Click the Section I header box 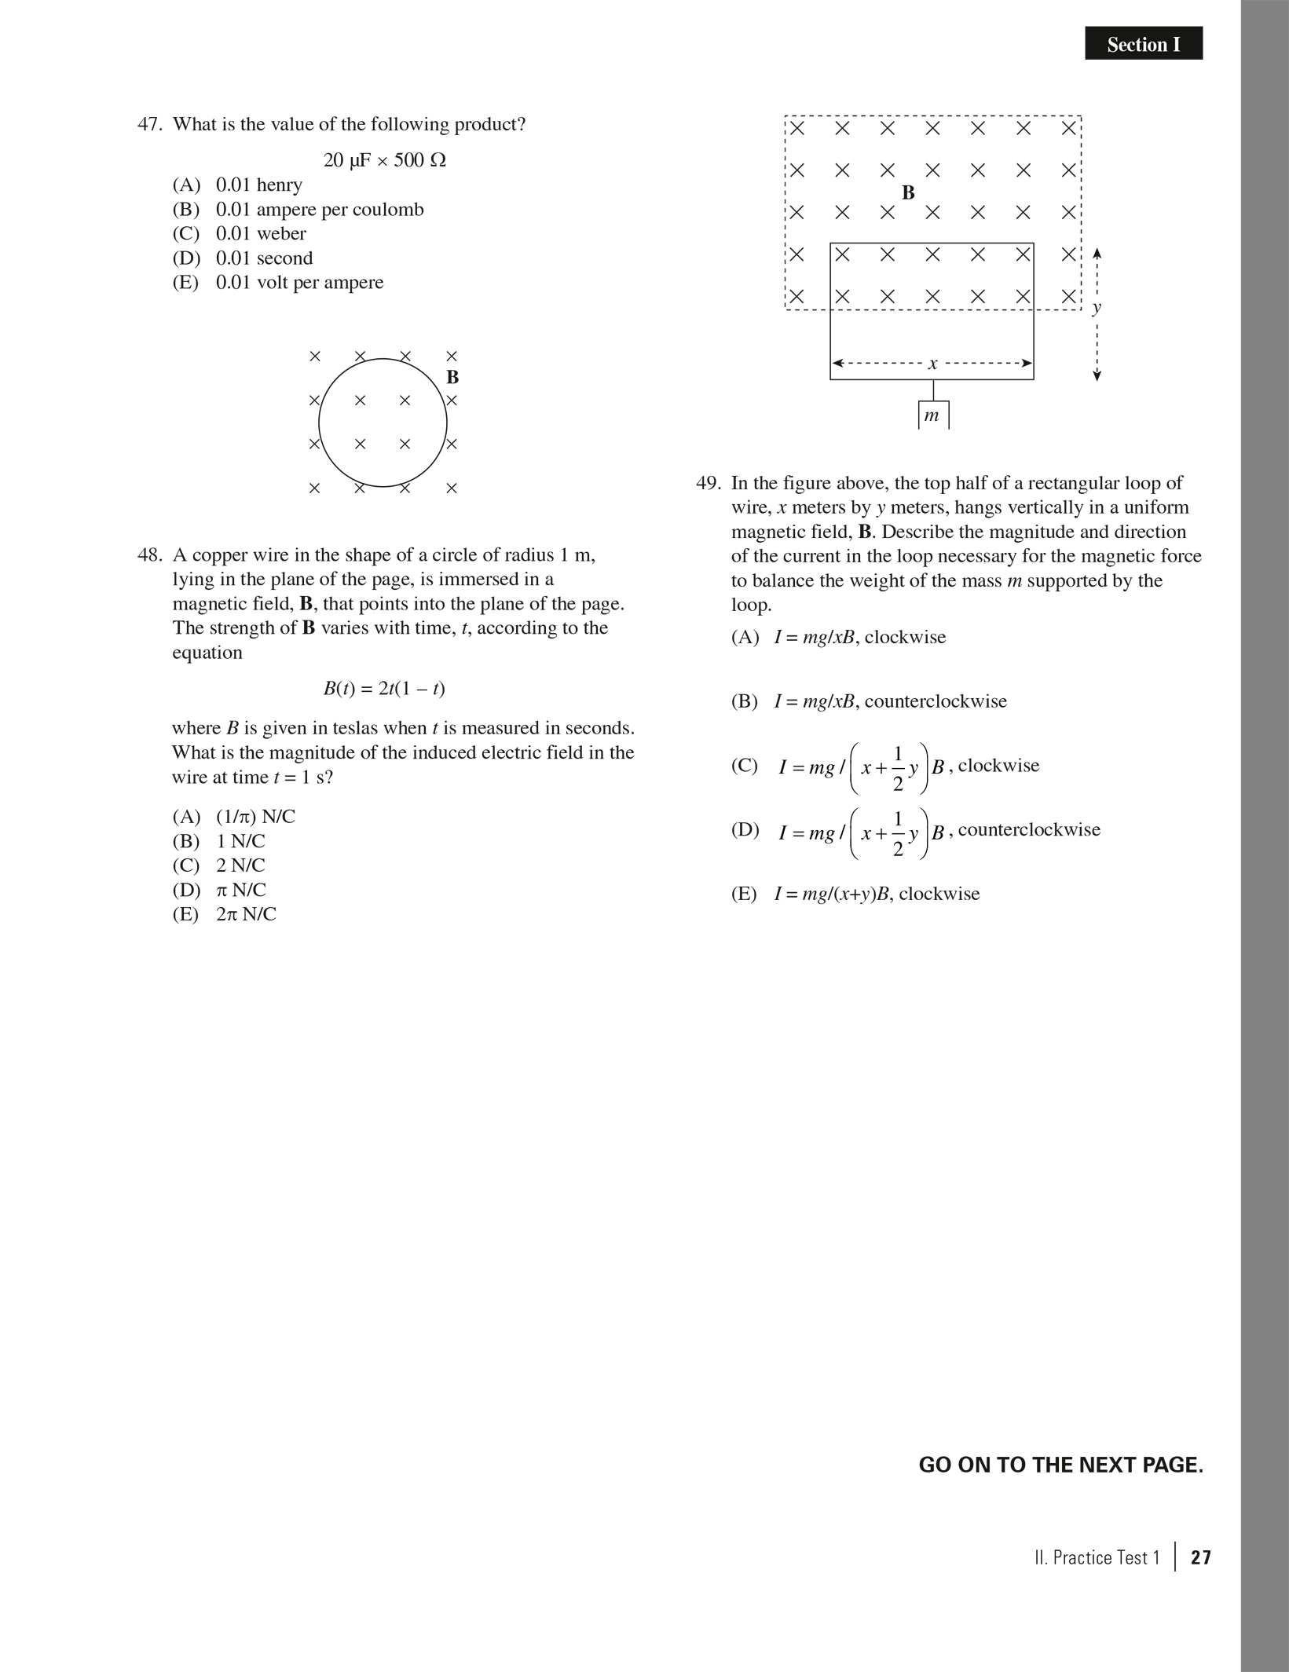(1143, 44)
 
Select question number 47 (149, 125)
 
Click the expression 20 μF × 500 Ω (384, 160)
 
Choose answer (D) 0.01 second (243, 258)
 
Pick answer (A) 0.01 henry (237, 185)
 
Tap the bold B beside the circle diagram (452, 378)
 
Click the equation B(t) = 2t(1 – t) (384, 689)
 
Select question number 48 (149, 556)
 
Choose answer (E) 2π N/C (225, 914)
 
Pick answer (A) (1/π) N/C (234, 817)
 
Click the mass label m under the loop (932, 415)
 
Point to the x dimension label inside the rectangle (933, 364)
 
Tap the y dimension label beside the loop (1097, 307)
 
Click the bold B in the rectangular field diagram (909, 192)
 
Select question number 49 (708, 483)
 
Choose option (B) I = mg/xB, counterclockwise (869, 701)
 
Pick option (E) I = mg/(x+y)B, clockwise (855, 894)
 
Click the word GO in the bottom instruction (936, 1465)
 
